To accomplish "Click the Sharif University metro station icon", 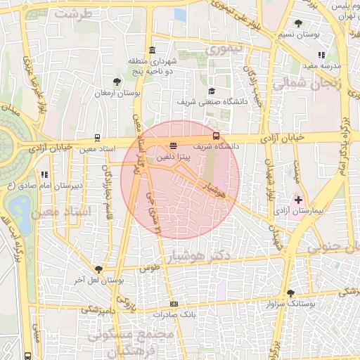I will [216, 136].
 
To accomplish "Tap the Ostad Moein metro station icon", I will [96, 139].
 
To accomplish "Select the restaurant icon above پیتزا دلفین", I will [174, 145].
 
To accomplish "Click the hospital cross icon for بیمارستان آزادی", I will [299, 200].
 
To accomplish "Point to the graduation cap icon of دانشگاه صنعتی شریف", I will [212, 91].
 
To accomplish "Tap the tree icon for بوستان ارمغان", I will [117, 82].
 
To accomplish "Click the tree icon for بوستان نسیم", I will [299, 23].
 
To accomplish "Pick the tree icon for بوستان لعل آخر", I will [98, 269].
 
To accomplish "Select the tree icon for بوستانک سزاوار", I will [290, 293].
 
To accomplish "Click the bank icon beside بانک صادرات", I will [174, 304].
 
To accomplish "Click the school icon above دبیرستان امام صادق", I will [44, 174].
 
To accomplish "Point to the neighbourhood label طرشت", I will [73, 13].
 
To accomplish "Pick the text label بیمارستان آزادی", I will [317, 210].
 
